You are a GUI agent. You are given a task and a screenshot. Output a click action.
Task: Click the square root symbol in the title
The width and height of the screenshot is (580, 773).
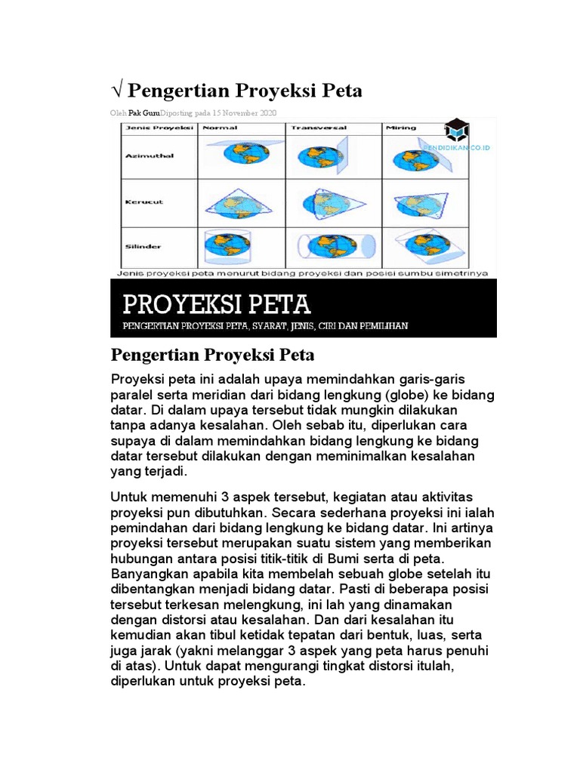click(117, 91)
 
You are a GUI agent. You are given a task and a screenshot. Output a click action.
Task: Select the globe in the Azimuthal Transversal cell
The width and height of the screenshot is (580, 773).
click(313, 156)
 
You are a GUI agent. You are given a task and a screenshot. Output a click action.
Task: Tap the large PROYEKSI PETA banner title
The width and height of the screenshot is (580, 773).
click(217, 304)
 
